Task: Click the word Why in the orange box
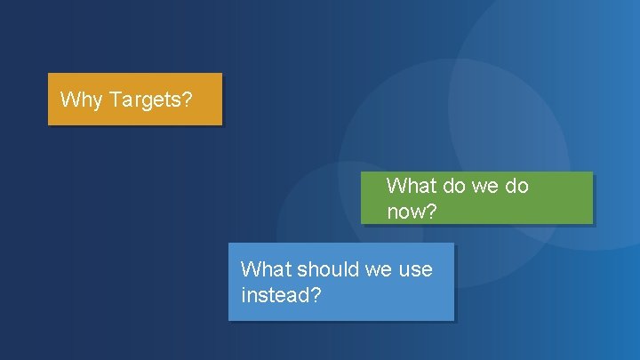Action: pos(81,100)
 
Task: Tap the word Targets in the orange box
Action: pos(145,100)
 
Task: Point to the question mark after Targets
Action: pos(187,100)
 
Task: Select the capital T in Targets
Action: pos(114,100)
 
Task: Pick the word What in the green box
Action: pos(412,186)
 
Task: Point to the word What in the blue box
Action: pos(266,269)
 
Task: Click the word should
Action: pos(327,269)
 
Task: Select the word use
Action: pos(416,269)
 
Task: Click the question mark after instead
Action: pos(316,294)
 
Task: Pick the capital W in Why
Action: pos(68,100)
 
